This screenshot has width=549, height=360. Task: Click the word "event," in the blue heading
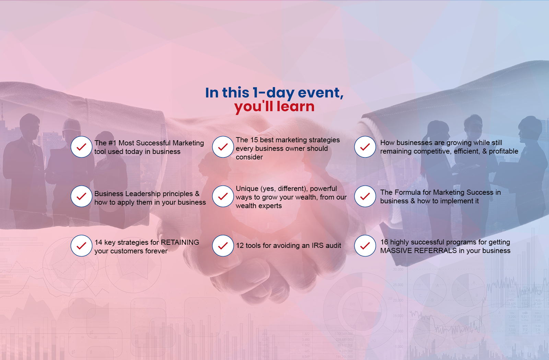[320, 93]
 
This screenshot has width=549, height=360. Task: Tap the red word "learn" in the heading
[295, 106]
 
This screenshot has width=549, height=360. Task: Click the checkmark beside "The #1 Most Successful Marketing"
[81, 147]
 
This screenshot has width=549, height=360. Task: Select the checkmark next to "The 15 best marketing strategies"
[223, 147]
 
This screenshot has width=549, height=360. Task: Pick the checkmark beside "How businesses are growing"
[365, 147]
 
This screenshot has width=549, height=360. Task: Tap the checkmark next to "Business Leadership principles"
[81, 196]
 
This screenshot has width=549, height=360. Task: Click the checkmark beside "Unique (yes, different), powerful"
[223, 196]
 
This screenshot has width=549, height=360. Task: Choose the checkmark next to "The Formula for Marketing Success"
[365, 196]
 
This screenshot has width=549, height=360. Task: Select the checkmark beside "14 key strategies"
[81, 245]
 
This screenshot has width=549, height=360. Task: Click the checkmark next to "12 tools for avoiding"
[223, 245]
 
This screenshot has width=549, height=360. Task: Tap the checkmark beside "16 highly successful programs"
[365, 245]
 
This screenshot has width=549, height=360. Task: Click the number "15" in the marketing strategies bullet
[254, 140]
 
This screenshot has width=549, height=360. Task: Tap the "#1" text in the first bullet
[113, 143]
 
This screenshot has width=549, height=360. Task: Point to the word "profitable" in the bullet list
[503, 151]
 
